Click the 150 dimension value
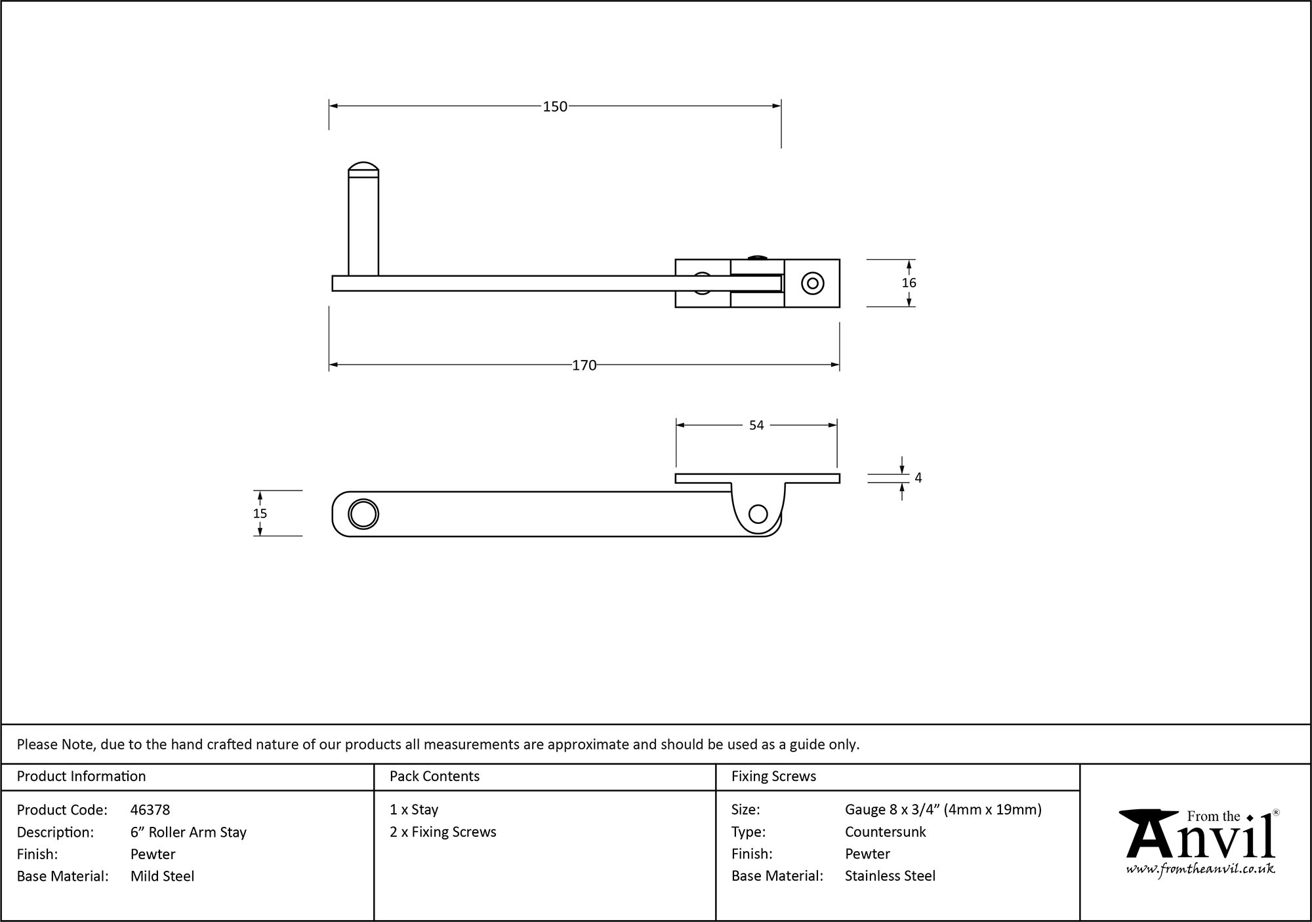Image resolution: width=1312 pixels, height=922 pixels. click(x=554, y=106)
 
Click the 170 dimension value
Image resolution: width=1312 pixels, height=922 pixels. click(x=584, y=365)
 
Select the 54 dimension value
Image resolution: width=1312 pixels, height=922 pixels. click(x=756, y=426)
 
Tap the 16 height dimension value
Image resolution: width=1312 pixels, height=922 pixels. click(x=909, y=283)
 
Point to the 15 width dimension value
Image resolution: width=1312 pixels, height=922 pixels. click(x=260, y=513)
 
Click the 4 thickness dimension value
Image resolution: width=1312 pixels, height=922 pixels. click(x=918, y=478)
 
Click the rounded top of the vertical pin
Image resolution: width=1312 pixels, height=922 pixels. click(x=363, y=169)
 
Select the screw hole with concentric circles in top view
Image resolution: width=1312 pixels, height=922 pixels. click(x=813, y=283)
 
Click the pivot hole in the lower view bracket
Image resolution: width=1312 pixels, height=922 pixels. click(x=758, y=513)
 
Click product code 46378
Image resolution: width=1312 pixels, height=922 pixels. click(x=150, y=810)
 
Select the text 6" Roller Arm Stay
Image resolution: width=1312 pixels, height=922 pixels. click(x=188, y=832)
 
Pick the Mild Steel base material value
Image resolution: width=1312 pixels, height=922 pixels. click(x=162, y=876)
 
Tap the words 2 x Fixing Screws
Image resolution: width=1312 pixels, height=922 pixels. click(x=443, y=832)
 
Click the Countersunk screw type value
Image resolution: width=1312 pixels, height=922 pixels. click(x=885, y=832)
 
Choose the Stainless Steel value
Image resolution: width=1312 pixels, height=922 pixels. click(x=890, y=876)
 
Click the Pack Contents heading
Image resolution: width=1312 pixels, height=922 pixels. click(x=434, y=776)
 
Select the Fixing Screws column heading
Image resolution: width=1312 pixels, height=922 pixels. click(x=773, y=776)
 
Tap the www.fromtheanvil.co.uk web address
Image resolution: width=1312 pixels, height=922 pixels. click(x=1200, y=869)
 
